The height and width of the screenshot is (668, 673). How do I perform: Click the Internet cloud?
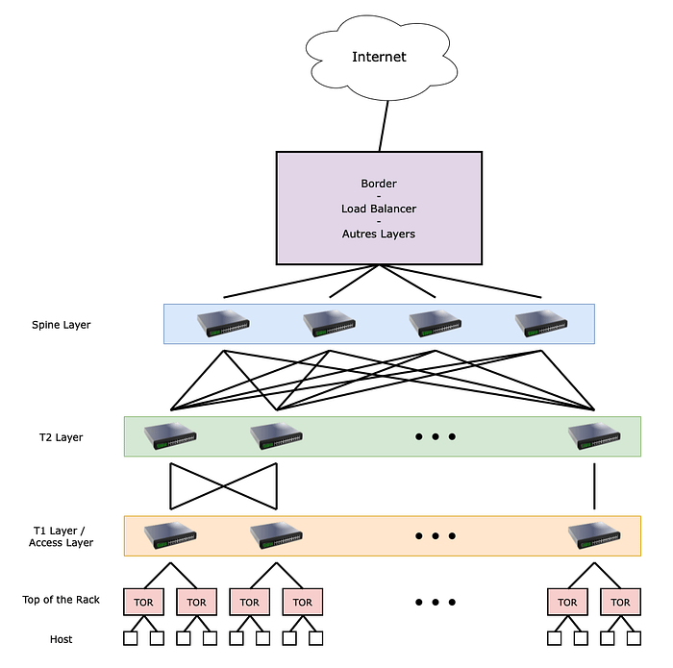pos(379,58)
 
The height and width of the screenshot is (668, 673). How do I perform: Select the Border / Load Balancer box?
pos(379,208)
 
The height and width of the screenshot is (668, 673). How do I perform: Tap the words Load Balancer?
pos(379,208)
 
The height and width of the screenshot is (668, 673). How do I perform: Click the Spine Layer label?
pos(61,325)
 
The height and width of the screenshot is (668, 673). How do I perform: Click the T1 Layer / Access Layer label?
pos(62,536)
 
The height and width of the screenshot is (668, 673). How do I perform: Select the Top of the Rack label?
pos(61,600)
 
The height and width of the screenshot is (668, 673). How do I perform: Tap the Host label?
pos(61,639)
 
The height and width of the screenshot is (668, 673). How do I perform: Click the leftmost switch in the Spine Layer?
pos(224,323)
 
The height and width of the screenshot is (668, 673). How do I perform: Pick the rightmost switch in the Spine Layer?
pos(541,323)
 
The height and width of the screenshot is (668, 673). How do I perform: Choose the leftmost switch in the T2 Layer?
pos(171,435)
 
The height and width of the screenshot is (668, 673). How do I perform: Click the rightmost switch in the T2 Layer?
pos(594,435)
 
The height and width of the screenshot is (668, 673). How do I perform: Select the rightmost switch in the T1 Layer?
pos(594,535)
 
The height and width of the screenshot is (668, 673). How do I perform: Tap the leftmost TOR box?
pos(144,603)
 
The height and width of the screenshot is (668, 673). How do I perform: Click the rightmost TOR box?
pos(620,603)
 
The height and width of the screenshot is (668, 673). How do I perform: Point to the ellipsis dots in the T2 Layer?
pos(436,437)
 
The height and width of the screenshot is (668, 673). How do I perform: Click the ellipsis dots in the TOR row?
pos(436,603)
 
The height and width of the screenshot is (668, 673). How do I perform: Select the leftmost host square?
pos(131,638)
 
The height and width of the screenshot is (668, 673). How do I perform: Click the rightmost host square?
pos(634,638)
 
